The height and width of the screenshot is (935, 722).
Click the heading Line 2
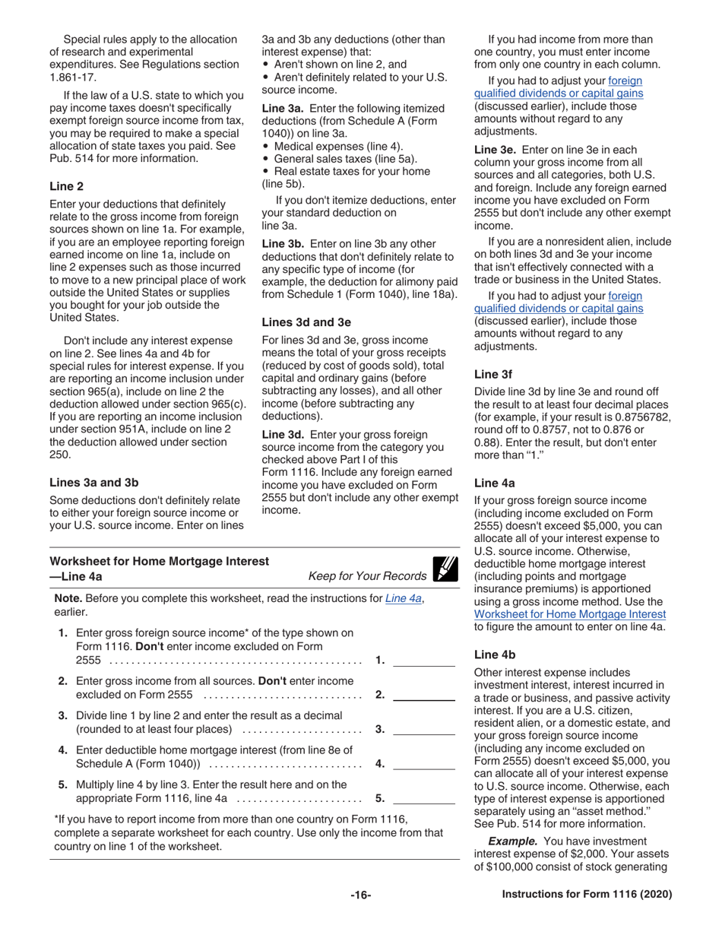click(x=66, y=186)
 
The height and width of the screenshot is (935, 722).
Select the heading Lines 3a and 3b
click(x=93, y=482)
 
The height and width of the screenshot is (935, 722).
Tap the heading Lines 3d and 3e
click(x=306, y=322)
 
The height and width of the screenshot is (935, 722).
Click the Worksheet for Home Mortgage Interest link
click(x=570, y=613)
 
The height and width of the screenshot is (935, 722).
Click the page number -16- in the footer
click(x=360, y=895)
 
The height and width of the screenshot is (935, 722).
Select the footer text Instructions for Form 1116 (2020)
click(x=587, y=895)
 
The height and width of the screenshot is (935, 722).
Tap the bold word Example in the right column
click(x=510, y=841)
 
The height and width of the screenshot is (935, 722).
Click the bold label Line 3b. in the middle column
click(x=283, y=244)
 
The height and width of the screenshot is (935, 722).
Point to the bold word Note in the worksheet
click(x=68, y=598)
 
